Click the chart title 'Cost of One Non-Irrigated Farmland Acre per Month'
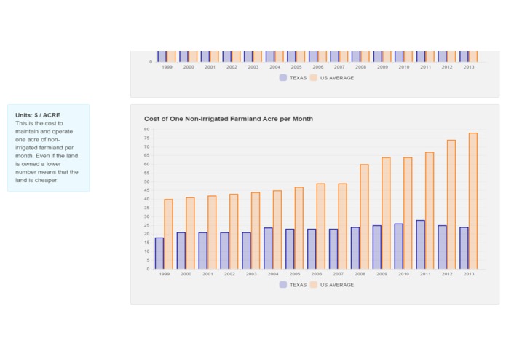(x=229, y=119)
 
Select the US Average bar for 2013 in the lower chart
(x=473, y=201)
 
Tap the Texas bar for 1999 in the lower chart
(x=159, y=254)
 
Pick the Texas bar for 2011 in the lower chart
(x=421, y=245)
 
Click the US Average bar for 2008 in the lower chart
(x=364, y=216)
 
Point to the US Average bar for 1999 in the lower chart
(x=168, y=234)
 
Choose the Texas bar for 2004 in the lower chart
(x=268, y=249)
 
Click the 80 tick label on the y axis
(x=146, y=130)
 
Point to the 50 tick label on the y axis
(x=146, y=182)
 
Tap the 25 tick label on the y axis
(x=146, y=226)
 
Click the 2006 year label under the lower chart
(x=318, y=275)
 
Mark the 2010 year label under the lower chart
(x=404, y=275)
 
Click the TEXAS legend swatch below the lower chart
(x=283, y=285)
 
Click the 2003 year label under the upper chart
(x=253, y=67)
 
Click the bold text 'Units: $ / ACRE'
(x=38, y=115)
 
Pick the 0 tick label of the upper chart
(x=151, y=62)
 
